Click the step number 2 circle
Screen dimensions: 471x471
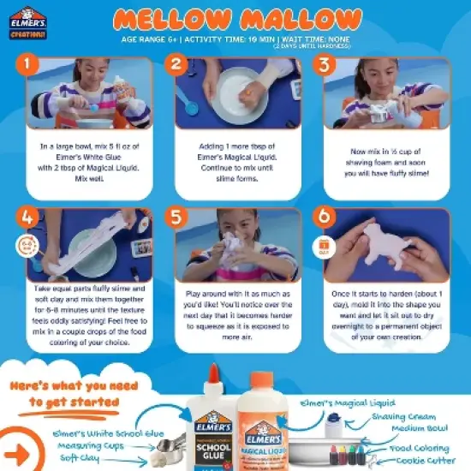(177, 63)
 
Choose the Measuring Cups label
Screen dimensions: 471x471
(89, 446)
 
